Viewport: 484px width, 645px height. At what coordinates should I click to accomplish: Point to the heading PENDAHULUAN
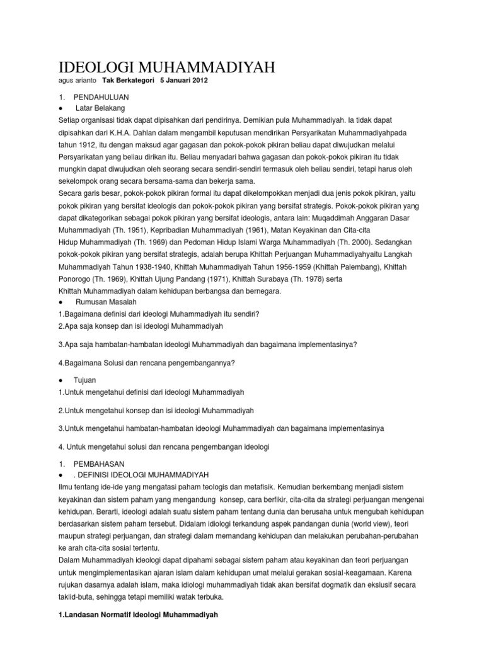tap(101, 98)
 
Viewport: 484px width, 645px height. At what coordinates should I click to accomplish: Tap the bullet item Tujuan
tap(86, 380)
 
